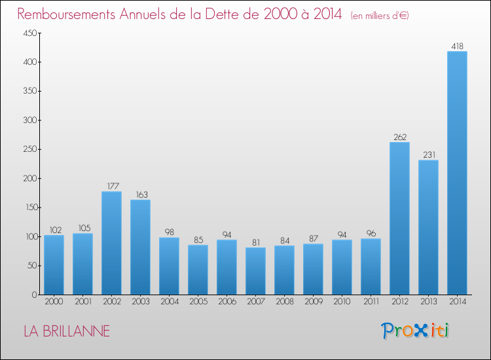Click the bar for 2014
pos(457,173)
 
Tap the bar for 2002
pos(111,243)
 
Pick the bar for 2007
pos(255,271)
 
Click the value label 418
pos(457,46)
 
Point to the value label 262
pos(399,137)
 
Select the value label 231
pos(428,154)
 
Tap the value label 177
pos(111,186)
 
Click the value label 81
pos(255,242)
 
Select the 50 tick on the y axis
pos(28,266)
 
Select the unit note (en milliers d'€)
pos(379,15)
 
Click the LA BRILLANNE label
pos(67,331)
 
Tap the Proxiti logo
pos(415,331)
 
